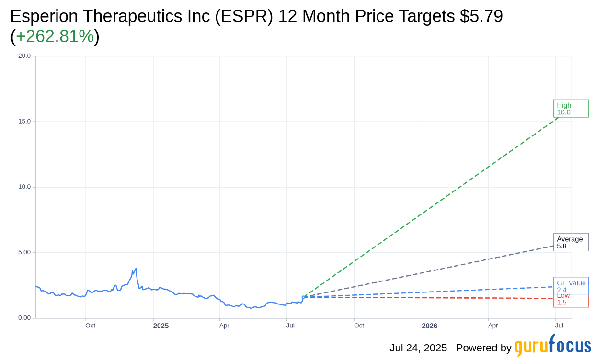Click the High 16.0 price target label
(x=571, y=109)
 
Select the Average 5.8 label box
(x=571, y=242)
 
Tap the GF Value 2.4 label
(x=571, y=286)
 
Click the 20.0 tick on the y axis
(x=24, y=56)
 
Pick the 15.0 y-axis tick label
(x=24, y=122)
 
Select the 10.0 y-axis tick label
(x=24, y=187)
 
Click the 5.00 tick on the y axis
(x=24, y=252)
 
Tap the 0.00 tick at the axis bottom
(x=24, y=318)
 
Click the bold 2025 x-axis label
(x=161, y=326)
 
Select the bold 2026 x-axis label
(x=429, y=326)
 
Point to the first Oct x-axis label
(x=90, y=326)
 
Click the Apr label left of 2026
(x=224, y=326)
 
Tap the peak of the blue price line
(x=136, y=268)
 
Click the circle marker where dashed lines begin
(x=303, y=297)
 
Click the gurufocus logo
(x=552, y=346)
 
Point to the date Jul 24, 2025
(x=418, y=348)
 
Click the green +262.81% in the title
(x=55, y=36)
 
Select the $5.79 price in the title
(x=481, y=16)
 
